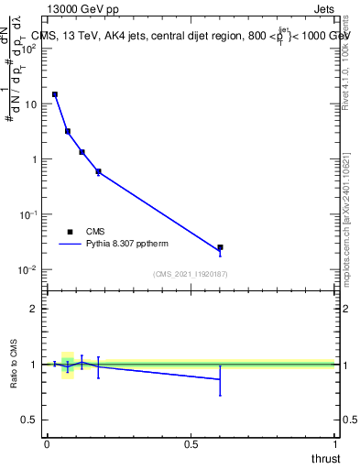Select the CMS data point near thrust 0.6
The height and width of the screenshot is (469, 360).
coord(220,247)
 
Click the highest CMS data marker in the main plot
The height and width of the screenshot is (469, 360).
coord(55,94)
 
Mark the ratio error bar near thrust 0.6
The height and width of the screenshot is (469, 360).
coord(220,379)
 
